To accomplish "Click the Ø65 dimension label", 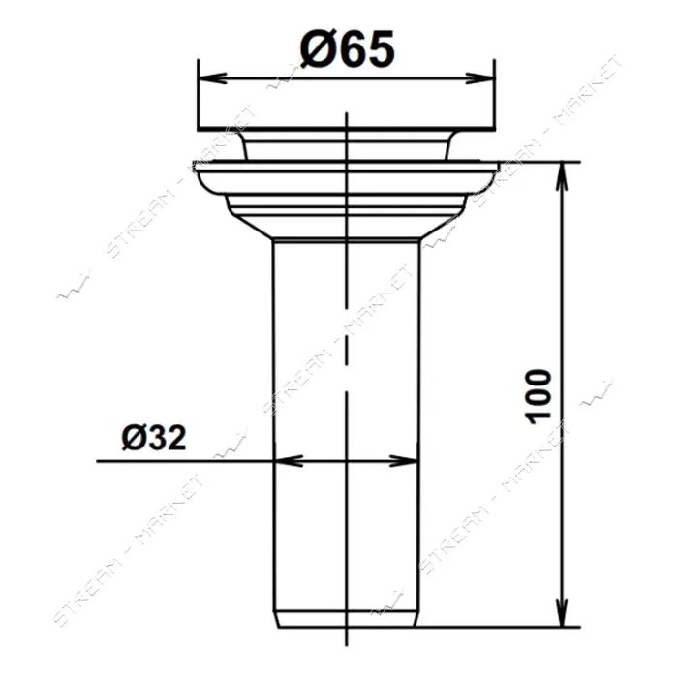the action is tap(348, 49).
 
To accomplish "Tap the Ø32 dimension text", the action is tap(154, 437).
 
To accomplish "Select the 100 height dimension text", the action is tap(538, 396).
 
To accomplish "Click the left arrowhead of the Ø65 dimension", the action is tap(212, 78).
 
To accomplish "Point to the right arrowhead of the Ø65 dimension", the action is tap(479, 78).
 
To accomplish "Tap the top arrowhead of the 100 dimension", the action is tap(561, 176).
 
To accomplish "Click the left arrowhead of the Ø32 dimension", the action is tap(289, 461).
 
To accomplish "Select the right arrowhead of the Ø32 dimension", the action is tap(404, 461).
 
